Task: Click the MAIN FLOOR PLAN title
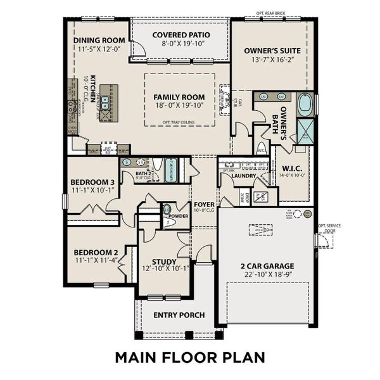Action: [x=189, y=357]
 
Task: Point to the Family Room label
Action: [x=180, y=97]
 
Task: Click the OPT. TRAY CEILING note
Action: [x=180, y=122]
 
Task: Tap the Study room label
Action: [x=164, y=262]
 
